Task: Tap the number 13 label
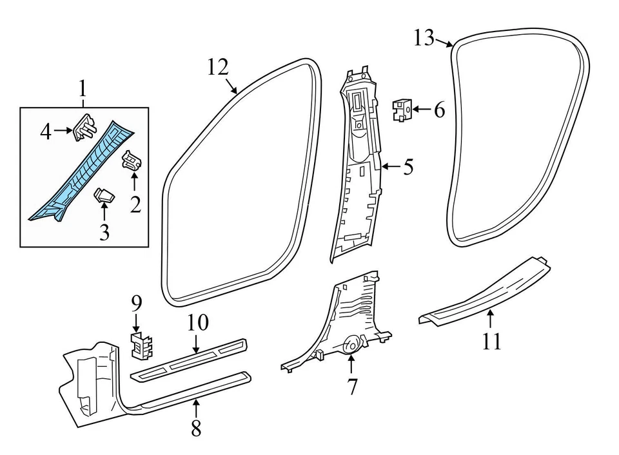[x=424, y=38]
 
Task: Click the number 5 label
[x=408, y=168]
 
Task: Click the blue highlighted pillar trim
[x=84, y=174]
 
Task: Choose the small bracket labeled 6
[x=403, y=109]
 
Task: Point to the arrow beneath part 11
[x=490, y=318]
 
